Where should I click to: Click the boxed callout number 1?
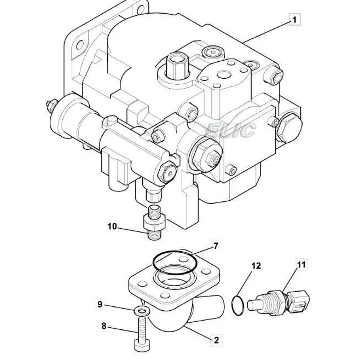(294, 20)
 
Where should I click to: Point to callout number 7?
(216, 246)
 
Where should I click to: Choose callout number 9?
(100, 304)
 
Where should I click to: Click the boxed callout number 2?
(216, 340)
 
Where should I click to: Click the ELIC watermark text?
(230, 130)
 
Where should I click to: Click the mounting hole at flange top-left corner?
(81, 43)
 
